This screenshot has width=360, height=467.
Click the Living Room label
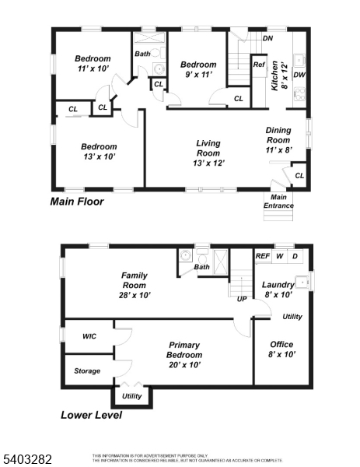208,153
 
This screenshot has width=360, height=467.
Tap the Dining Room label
278,141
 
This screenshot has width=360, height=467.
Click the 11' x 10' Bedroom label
93,64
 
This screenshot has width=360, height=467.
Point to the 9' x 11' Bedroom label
197,70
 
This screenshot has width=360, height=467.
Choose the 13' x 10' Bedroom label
99,152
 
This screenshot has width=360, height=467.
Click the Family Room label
135,285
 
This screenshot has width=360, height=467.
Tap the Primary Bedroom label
183,350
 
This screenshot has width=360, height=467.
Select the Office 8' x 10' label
281,349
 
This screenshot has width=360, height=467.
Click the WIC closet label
89,337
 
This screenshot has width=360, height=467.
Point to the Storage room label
87,370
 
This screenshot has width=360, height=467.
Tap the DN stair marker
267,37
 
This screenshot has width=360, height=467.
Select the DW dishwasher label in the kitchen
299,75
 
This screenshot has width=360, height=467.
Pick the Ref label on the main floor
258,65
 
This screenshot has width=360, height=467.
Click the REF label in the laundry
263,255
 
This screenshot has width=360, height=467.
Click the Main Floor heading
77,202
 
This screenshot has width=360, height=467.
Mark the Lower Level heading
91,415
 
